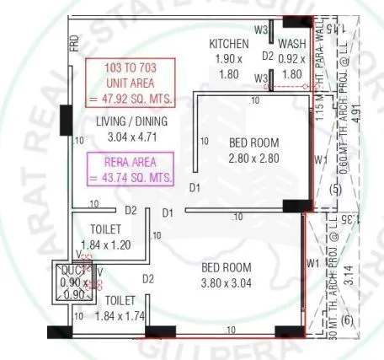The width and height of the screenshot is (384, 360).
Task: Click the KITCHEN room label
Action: click(x=228, y=44)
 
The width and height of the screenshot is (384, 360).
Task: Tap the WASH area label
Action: click(x=292, y=44)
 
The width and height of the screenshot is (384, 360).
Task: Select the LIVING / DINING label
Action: click(x=131, y=121)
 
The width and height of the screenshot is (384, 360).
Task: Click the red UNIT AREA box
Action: click(x=132, y=83)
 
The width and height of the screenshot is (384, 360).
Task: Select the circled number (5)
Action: click(x=334, y=190)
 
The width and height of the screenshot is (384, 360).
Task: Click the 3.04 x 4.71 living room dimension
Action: click(x=131, y=136)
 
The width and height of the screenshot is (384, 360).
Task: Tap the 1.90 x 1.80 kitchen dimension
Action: click(x=228, y=66)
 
